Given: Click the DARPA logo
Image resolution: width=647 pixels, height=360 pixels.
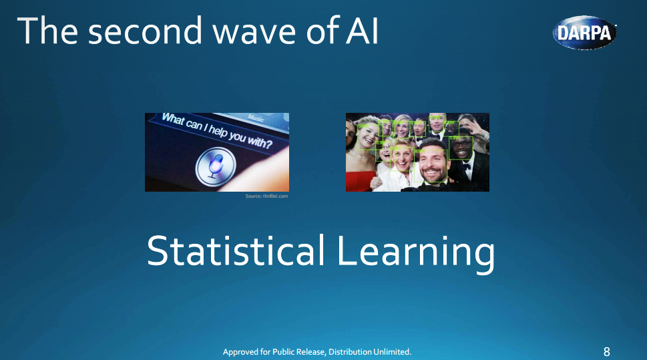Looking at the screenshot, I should (584, 33).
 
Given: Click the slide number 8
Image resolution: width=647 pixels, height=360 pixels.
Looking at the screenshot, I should (606, 351).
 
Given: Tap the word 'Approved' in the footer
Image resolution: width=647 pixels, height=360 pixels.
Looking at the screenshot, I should (241, 351).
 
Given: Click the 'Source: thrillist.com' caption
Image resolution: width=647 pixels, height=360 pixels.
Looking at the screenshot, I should (266, 196).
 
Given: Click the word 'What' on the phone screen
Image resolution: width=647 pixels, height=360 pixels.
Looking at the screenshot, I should (172, 120).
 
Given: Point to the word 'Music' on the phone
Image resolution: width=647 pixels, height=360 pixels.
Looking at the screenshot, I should (255, 118).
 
